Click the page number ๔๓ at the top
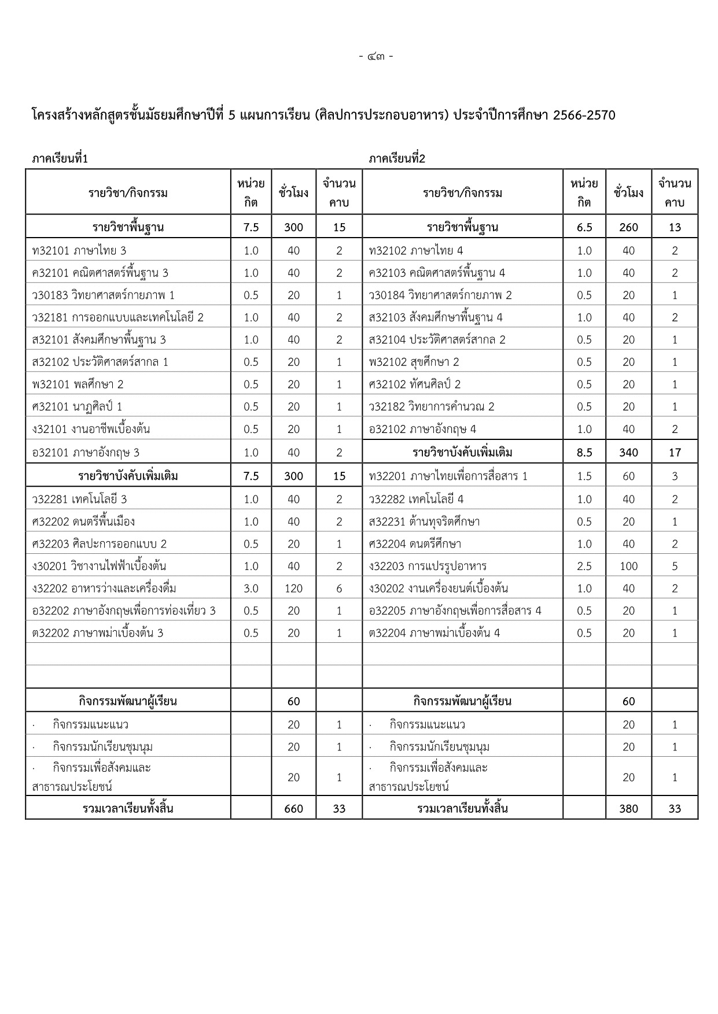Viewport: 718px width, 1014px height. [375, 57]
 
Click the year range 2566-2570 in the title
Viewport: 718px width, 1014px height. [584, 115]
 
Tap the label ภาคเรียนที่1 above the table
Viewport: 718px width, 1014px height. [60, 158]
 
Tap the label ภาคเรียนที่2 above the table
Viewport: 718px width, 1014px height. [397, 158]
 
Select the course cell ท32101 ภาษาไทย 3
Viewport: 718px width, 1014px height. [79, 250]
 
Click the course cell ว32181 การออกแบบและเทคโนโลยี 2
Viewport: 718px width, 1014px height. [118, 317]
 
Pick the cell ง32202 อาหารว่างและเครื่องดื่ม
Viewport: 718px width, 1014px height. [104, 589]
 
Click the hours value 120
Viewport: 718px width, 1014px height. [293, 589]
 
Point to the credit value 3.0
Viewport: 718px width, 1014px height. [251, 589]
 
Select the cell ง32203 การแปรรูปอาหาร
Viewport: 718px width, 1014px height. [428, 566]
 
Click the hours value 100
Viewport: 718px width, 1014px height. [628, 566]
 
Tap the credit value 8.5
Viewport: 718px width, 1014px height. [584, 452]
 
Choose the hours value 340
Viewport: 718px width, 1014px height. [628, 452]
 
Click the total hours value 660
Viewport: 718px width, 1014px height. [293, 808]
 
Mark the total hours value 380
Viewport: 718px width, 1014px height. [628, 808]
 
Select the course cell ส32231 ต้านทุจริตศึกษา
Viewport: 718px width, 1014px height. [424, 521]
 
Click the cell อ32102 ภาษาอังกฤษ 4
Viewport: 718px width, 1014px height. [422, 429]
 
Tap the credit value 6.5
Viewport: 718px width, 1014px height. [584, 227]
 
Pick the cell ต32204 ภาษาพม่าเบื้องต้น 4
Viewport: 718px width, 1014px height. [435, 633]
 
